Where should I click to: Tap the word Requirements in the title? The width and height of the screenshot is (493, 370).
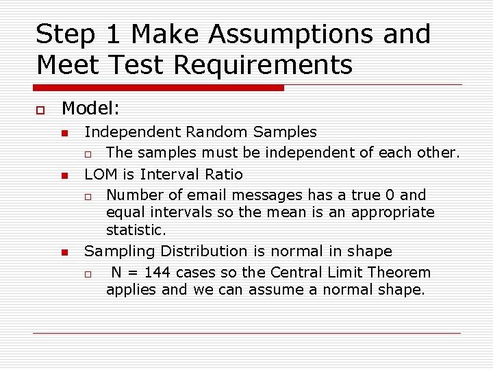click(x=263, y=65)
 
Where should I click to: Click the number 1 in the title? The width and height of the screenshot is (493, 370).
click(x=112, y=34)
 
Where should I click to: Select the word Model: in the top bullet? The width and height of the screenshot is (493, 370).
click(x=90, y=108)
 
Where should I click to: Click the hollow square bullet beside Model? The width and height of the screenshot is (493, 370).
click(x=40, y=110)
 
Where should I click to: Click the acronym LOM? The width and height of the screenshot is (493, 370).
click(x=100, y=174)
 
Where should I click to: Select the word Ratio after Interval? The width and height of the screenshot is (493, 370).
click(x=224, y=174)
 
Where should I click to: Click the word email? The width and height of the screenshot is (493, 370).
click(x=197, y=195)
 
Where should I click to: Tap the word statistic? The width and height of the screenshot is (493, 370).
click(x=136, y=230)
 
